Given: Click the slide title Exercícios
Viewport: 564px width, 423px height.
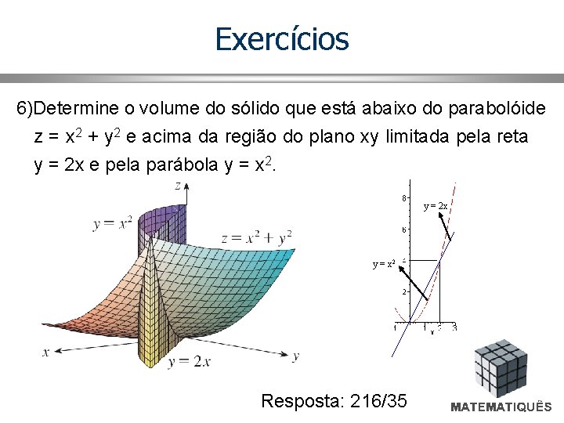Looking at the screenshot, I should click(x=282, y=38).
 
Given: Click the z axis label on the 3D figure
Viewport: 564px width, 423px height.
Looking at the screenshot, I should click(x=178, y=186).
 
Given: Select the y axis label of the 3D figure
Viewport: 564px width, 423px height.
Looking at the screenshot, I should click(x=295, y=356).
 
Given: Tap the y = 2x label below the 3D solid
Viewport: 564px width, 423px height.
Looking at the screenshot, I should click(x=189, y=361).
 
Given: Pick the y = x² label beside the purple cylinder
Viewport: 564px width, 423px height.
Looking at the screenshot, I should click(x=112, y=223).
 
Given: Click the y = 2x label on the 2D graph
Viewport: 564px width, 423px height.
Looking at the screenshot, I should click(x=436, y=206).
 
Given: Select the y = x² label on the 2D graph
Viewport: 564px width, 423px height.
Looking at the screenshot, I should click(x=384, y=264).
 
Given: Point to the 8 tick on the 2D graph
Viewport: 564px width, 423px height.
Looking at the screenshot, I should click(x=404, y=198).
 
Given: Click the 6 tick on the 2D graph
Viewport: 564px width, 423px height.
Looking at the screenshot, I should click(x=404, y=230).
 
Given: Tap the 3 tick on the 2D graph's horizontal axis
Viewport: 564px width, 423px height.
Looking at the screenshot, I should click(x=454, y=327).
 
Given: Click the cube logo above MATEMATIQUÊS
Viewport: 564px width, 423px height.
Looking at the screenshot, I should click(x=502, y=369).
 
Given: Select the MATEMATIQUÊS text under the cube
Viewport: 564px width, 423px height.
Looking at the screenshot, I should click(x=501, y=407).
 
